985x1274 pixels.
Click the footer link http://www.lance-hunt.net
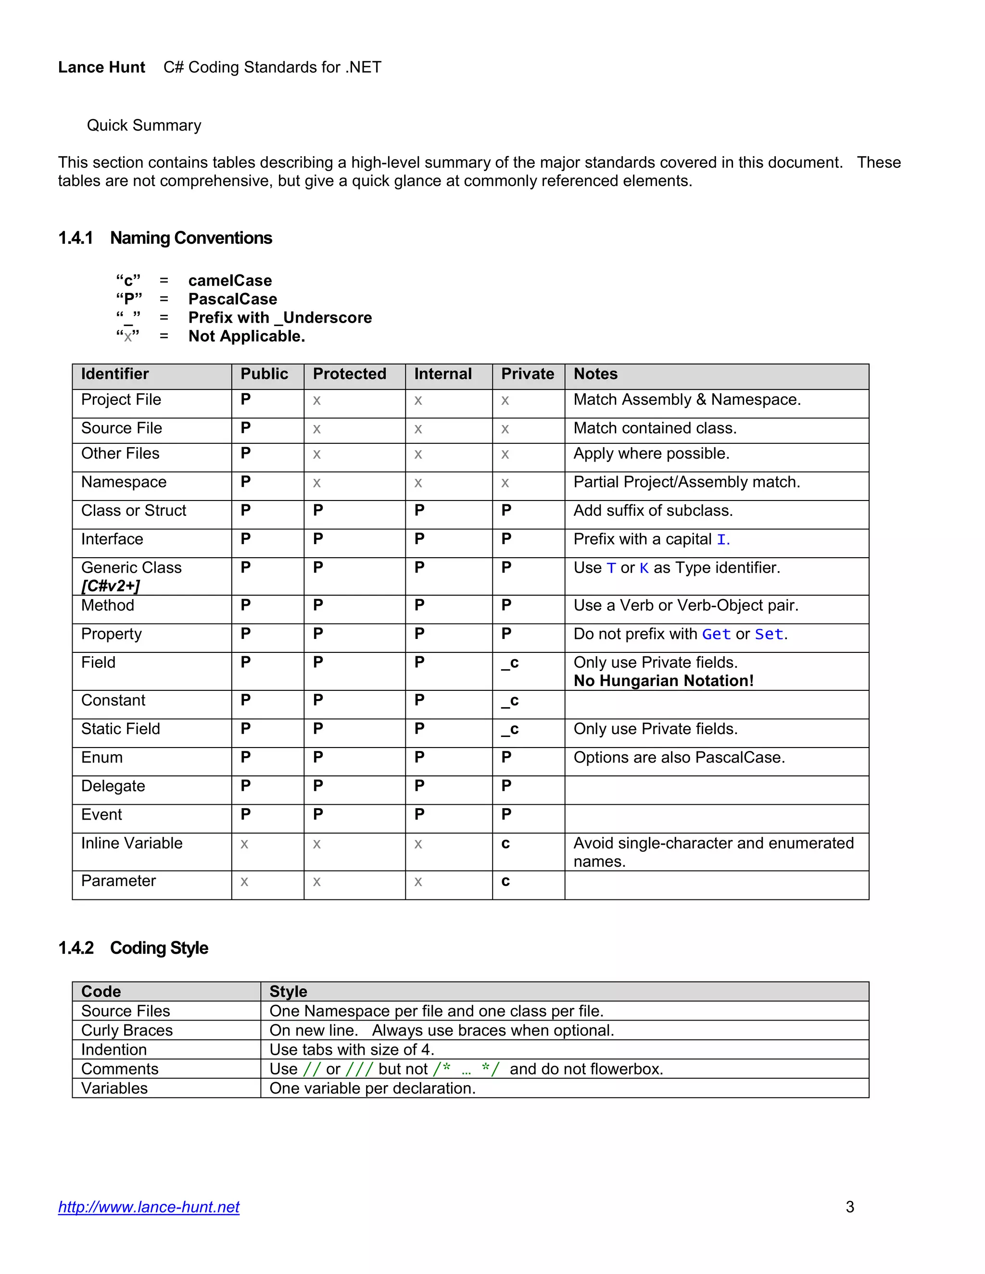(x=149, y=1206)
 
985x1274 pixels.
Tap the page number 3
(x=850, y=1206)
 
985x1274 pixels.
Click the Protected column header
(x=350, y=374)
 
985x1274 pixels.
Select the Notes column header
(x=595, y=374)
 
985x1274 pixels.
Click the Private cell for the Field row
(x=510, y=663)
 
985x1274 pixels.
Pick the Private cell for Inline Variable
(x=505, y=844)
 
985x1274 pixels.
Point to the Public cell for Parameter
(x=244, y=882)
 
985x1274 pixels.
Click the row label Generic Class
(x=131, y=568)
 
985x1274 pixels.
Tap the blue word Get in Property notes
(x=716, y=634)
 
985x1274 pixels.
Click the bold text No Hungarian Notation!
(x=663, y=681)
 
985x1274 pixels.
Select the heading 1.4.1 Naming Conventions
(x=165, y=238)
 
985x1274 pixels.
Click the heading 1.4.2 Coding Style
(x=133, y=948)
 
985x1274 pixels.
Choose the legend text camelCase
(x=230, y=281)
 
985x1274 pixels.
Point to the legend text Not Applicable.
(x=246, y=337)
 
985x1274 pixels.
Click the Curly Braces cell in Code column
(x=126, y=1030)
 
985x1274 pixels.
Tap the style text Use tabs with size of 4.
(x=351, y=1049)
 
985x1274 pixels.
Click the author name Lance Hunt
(x=101, y=68)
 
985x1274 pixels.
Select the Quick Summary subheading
(x=144, y=125)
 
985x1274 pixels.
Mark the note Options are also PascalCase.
(x=679, y=758)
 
